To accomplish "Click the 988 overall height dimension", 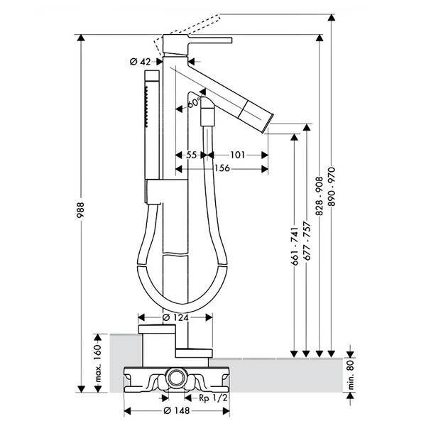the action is point(81,210).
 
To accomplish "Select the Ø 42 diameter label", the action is point(140,62).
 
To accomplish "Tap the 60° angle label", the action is point(194,102).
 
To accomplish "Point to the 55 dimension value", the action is point(191,155).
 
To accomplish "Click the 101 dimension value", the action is point(238,155).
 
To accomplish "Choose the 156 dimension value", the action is point(222,168).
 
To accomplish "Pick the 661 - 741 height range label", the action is point(295,246).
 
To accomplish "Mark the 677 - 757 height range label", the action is point(307,241).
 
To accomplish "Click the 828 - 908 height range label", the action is point(319,196).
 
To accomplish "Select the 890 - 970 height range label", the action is point(332,187).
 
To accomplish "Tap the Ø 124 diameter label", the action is point(175,317).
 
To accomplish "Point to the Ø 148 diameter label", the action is point(177,410).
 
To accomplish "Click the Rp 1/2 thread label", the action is point(213,398).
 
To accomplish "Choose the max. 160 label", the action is point(98,364).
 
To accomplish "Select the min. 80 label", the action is point(351,374).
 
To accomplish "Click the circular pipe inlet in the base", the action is point(177,378).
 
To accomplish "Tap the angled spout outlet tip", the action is point(268,124).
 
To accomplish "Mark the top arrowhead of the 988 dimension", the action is point(81,38).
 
